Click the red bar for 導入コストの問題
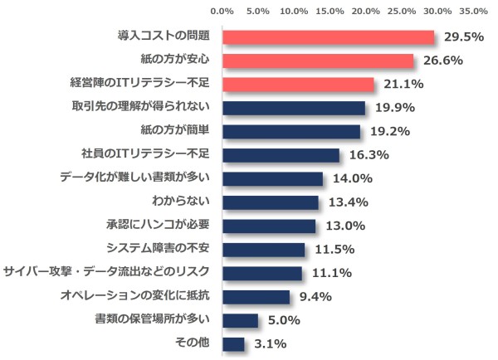329,37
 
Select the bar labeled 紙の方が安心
318,61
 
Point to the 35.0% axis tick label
473,12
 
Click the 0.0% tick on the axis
222,12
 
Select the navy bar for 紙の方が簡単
291,131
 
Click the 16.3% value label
364,154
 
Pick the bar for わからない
271,202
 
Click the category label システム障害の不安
159,248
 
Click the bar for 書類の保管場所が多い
241,319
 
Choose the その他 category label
193,343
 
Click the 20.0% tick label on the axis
366,12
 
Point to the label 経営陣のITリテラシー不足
140,84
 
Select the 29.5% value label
464,37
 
